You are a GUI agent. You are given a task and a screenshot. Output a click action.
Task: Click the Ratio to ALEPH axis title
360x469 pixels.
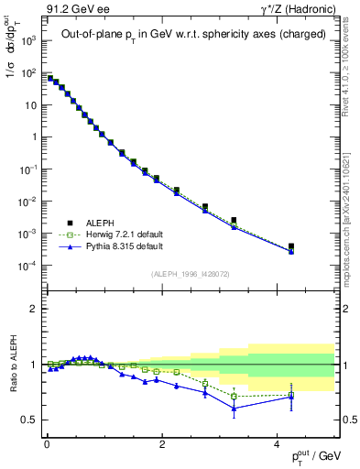[11, 365]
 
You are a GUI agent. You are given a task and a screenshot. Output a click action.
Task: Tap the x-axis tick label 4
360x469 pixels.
[278, 444]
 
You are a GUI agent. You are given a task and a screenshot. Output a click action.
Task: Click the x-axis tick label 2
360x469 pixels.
[162, 444]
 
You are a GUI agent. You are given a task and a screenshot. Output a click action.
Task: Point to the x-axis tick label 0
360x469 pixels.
[47, 444]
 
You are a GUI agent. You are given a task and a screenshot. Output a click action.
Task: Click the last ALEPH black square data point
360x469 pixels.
[290, 246]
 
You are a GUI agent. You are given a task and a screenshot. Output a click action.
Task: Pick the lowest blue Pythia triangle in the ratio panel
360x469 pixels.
[234, 409]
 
